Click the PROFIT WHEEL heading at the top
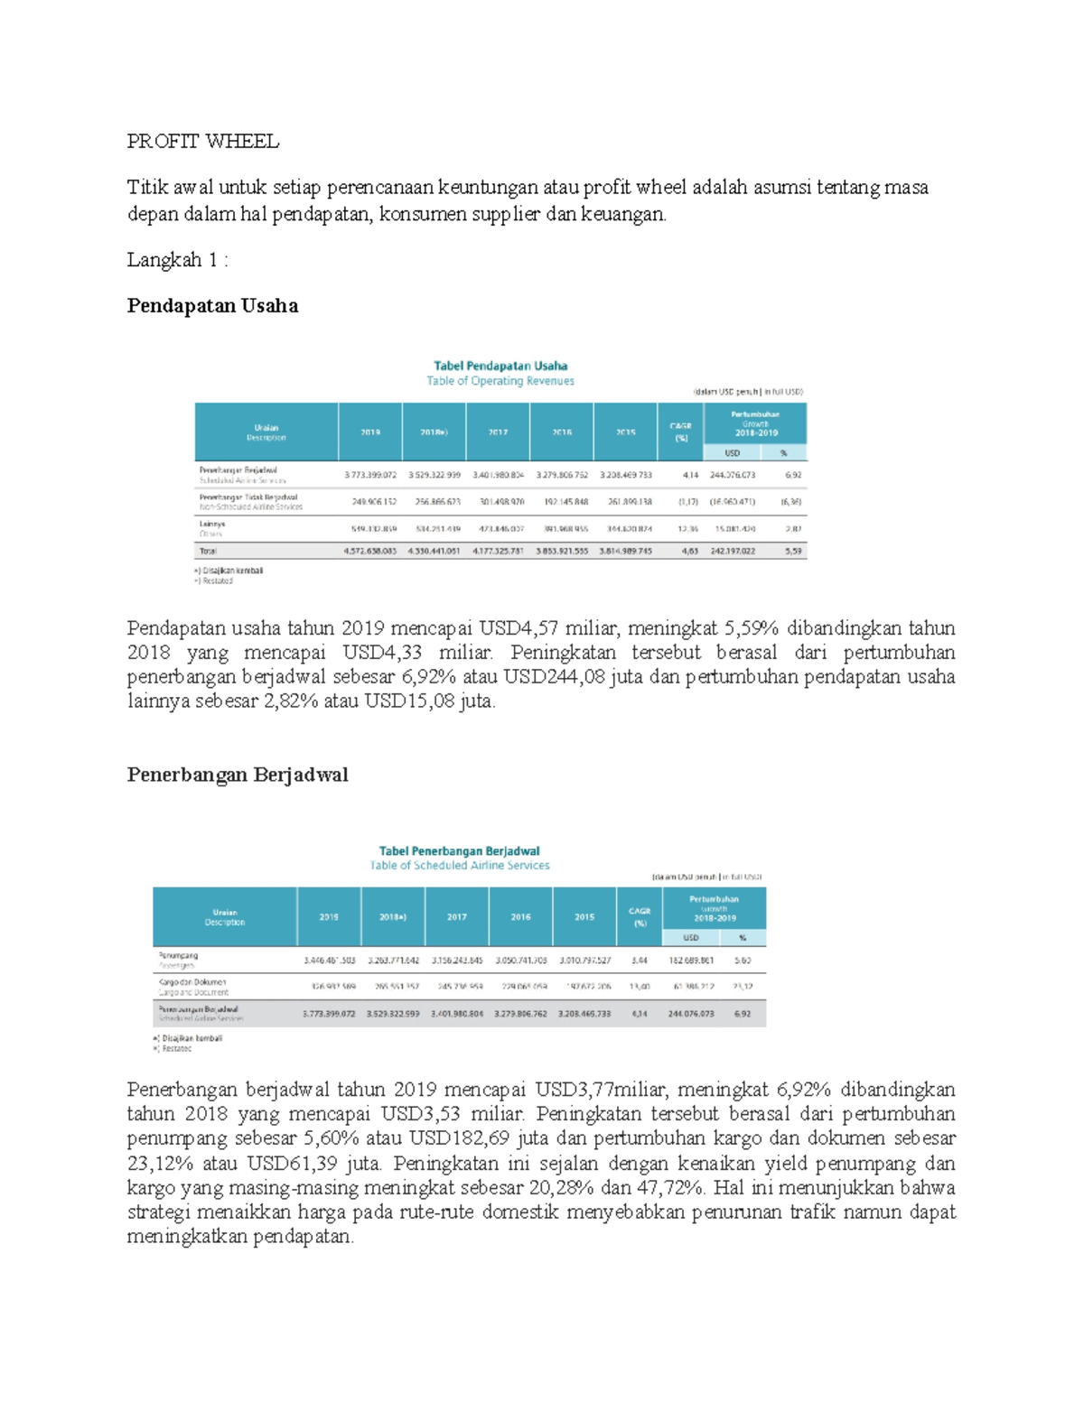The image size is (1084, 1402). pyautogui.click(x=202, y=141)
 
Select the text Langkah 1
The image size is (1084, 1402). pyautogui.click(x=175, y=260)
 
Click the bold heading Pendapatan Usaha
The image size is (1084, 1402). pyautogui.click(x=212, y=305)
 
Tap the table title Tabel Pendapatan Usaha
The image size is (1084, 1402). pyautogui.click(x=500, y=366)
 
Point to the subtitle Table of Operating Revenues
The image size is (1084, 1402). pyautogui.click(x=500, y=381)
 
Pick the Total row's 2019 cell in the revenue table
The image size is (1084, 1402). pyautogui.click(x=370, y=551)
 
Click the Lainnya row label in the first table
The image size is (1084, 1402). pyautogui.click(x=212, y=524)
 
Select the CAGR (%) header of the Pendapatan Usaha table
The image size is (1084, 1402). pyautogui.click(x=681, y=432)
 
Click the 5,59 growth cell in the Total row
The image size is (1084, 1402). pyautogui.click(x=793, y=551)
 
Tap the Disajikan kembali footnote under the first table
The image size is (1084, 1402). pyautogui.click(x=230, y=571)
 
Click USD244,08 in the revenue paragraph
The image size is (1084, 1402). pyautogui.click(x=554, y=677)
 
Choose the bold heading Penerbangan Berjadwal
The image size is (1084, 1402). pyautogui.click(x=238, y=775)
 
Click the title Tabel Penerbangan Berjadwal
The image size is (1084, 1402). pyautogui.click(x=459, y=850)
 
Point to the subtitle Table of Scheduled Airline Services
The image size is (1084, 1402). pyautogui.click(x=459, y=866)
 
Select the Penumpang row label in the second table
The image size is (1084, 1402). pyautogui.click(x=178, y=955)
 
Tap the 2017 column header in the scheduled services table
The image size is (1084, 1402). pyautogui.click(x=457, y=916)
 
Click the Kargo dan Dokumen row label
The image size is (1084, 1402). pyautogui.click(x=192, y=981)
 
